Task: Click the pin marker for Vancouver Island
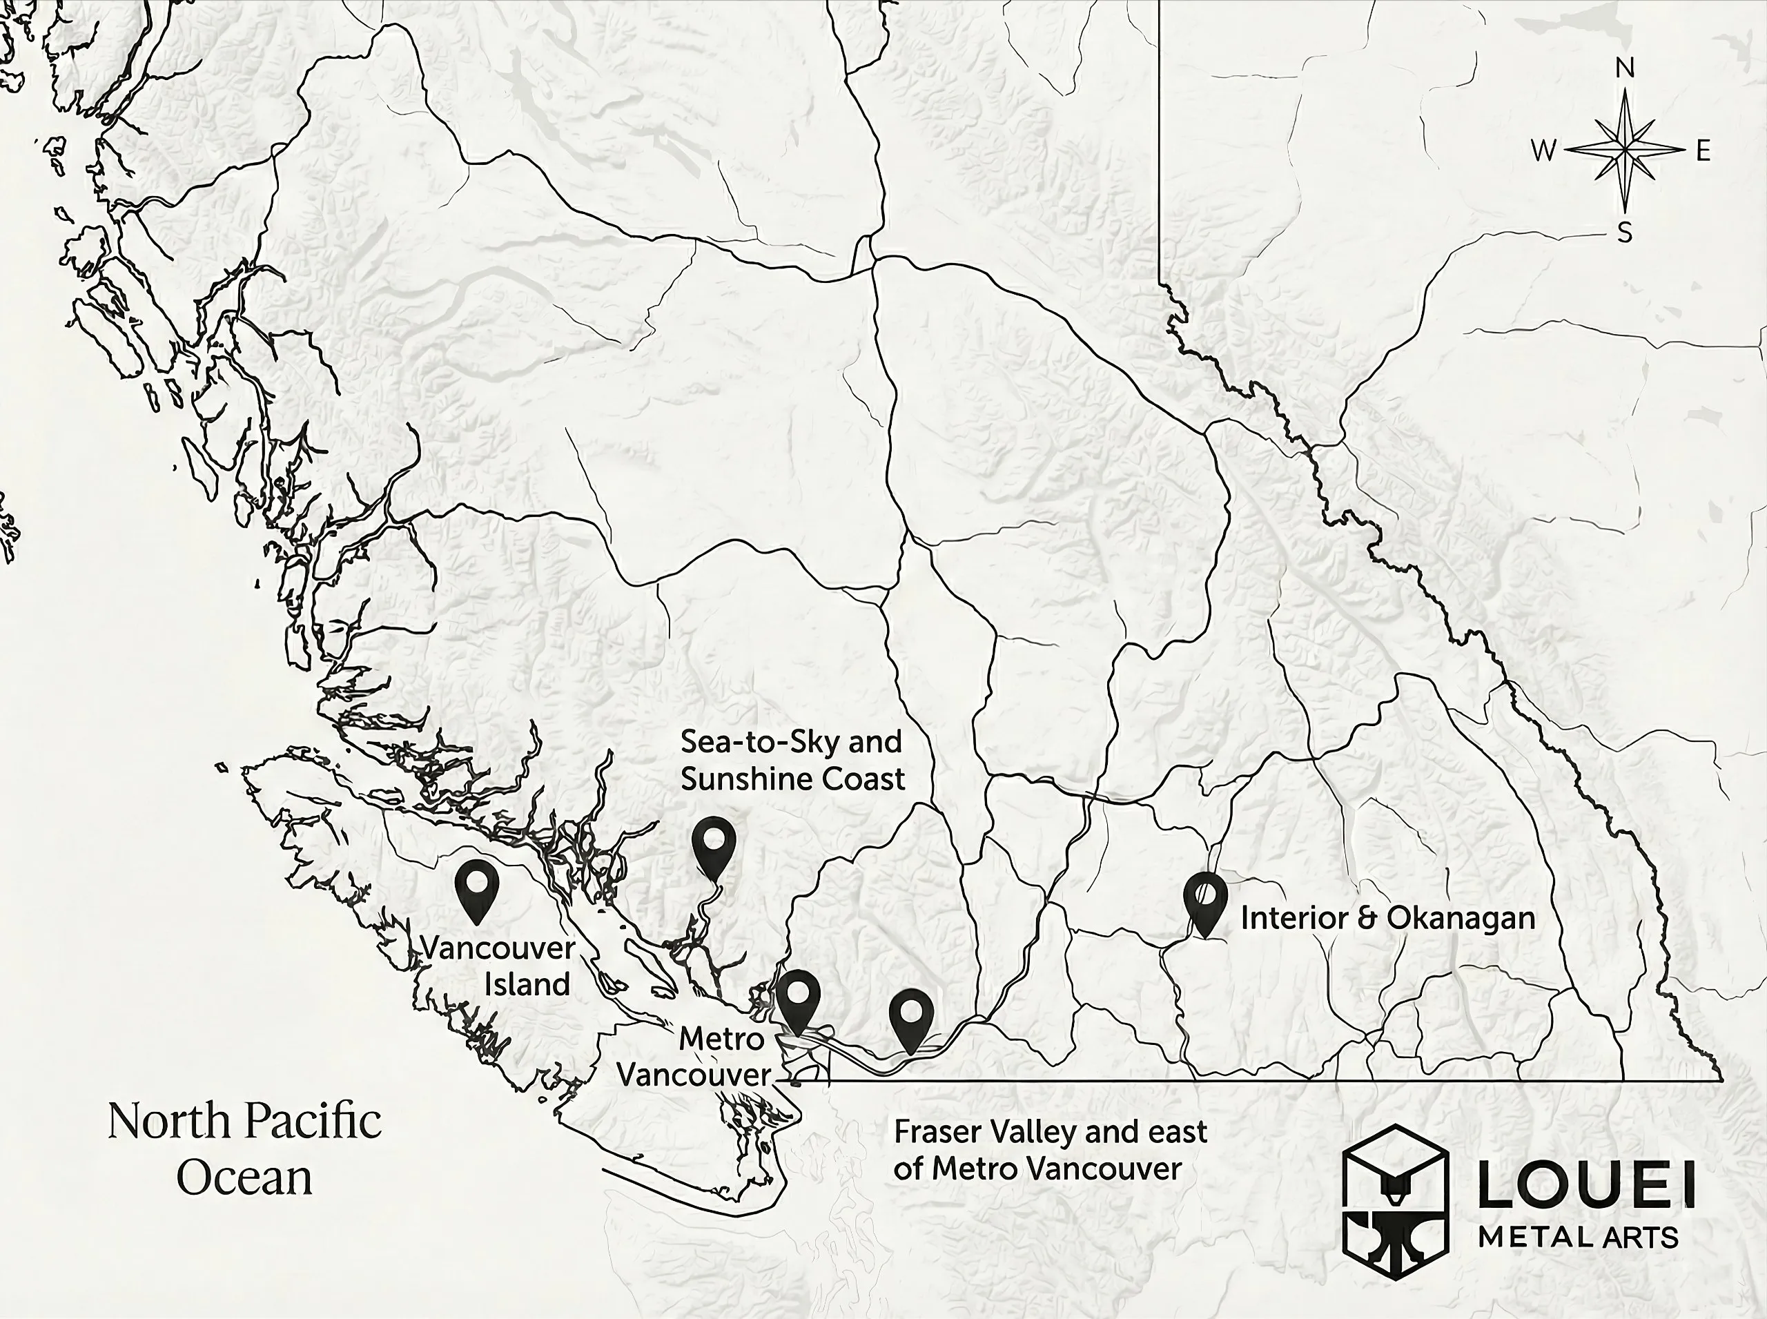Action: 477,886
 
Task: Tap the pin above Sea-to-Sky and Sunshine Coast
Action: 713,841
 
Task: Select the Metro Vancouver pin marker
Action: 799,997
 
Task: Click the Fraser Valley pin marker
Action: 911,1015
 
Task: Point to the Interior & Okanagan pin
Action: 1205,898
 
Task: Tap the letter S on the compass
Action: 1625,233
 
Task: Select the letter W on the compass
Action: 1543,150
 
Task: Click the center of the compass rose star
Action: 1625,149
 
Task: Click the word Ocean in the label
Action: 244,1178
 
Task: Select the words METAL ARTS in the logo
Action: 1578,1238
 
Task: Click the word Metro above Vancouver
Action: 722,1039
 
